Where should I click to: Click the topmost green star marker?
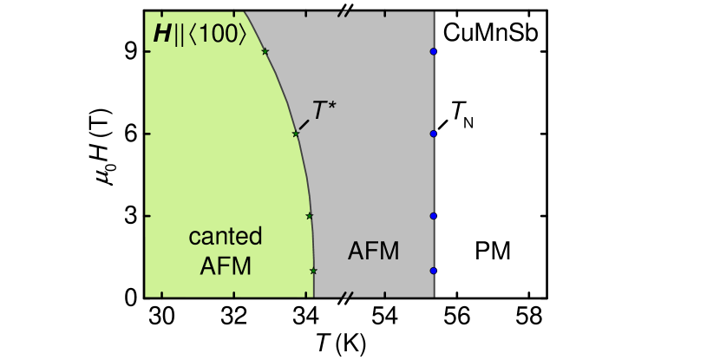click(265, 51)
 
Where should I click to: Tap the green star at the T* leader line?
click(295, 134)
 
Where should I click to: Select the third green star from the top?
click(309, 215)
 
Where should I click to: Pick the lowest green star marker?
click(313, 271)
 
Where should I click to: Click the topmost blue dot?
click(433, 51)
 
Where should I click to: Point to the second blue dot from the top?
click(433, 134)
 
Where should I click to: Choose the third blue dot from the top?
click(433, 215)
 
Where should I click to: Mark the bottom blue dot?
click(433, 271)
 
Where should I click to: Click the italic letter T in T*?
click(319, 111)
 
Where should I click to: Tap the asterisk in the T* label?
click(331, 106)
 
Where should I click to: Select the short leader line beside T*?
click(304, 124)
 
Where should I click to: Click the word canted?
click(225, 237)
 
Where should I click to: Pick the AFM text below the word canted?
click(225, 266)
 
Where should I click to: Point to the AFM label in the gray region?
click(373, 252)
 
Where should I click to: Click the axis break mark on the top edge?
click(346, 11)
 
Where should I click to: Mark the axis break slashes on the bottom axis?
click(346, 297)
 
